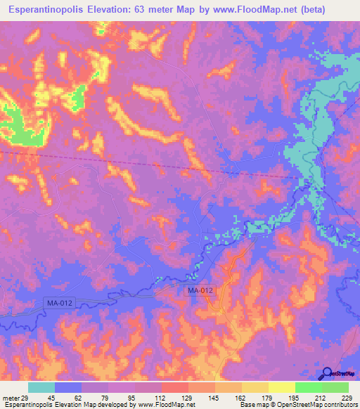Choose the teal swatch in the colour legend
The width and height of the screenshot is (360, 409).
coord(41,387)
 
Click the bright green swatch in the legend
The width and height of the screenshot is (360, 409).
coord(308,387)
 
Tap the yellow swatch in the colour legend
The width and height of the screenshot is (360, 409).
coord(281,387)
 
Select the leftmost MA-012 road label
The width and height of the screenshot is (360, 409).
coord(60,303)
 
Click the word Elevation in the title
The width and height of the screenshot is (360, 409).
coord(123,10)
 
